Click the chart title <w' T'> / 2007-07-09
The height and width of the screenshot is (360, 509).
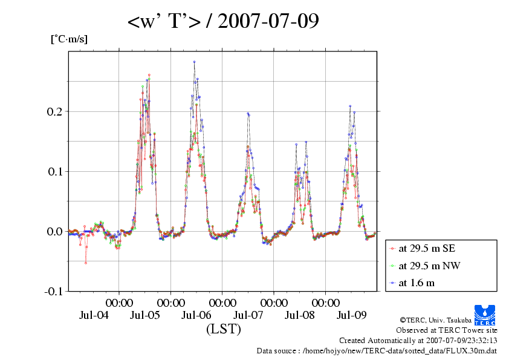coord(223,22)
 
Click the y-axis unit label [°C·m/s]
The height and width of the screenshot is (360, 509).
coord(69,39)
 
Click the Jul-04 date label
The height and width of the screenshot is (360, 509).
coord(94,315)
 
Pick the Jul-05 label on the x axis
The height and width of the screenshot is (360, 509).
coord(145,315)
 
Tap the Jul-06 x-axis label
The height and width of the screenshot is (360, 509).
coord(196,315)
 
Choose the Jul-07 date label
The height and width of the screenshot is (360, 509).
coord(248,315)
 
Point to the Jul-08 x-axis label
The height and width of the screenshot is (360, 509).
coord(300,315)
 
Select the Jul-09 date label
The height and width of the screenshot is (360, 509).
coord(351,315)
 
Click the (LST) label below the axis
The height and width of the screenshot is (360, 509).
coord(223,329)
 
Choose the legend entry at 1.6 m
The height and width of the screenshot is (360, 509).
coord(417,283)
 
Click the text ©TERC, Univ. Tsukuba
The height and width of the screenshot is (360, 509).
coord(436,319)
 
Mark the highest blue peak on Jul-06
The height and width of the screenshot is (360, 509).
coord(194,61)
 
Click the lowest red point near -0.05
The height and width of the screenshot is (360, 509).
coord(86,263)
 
